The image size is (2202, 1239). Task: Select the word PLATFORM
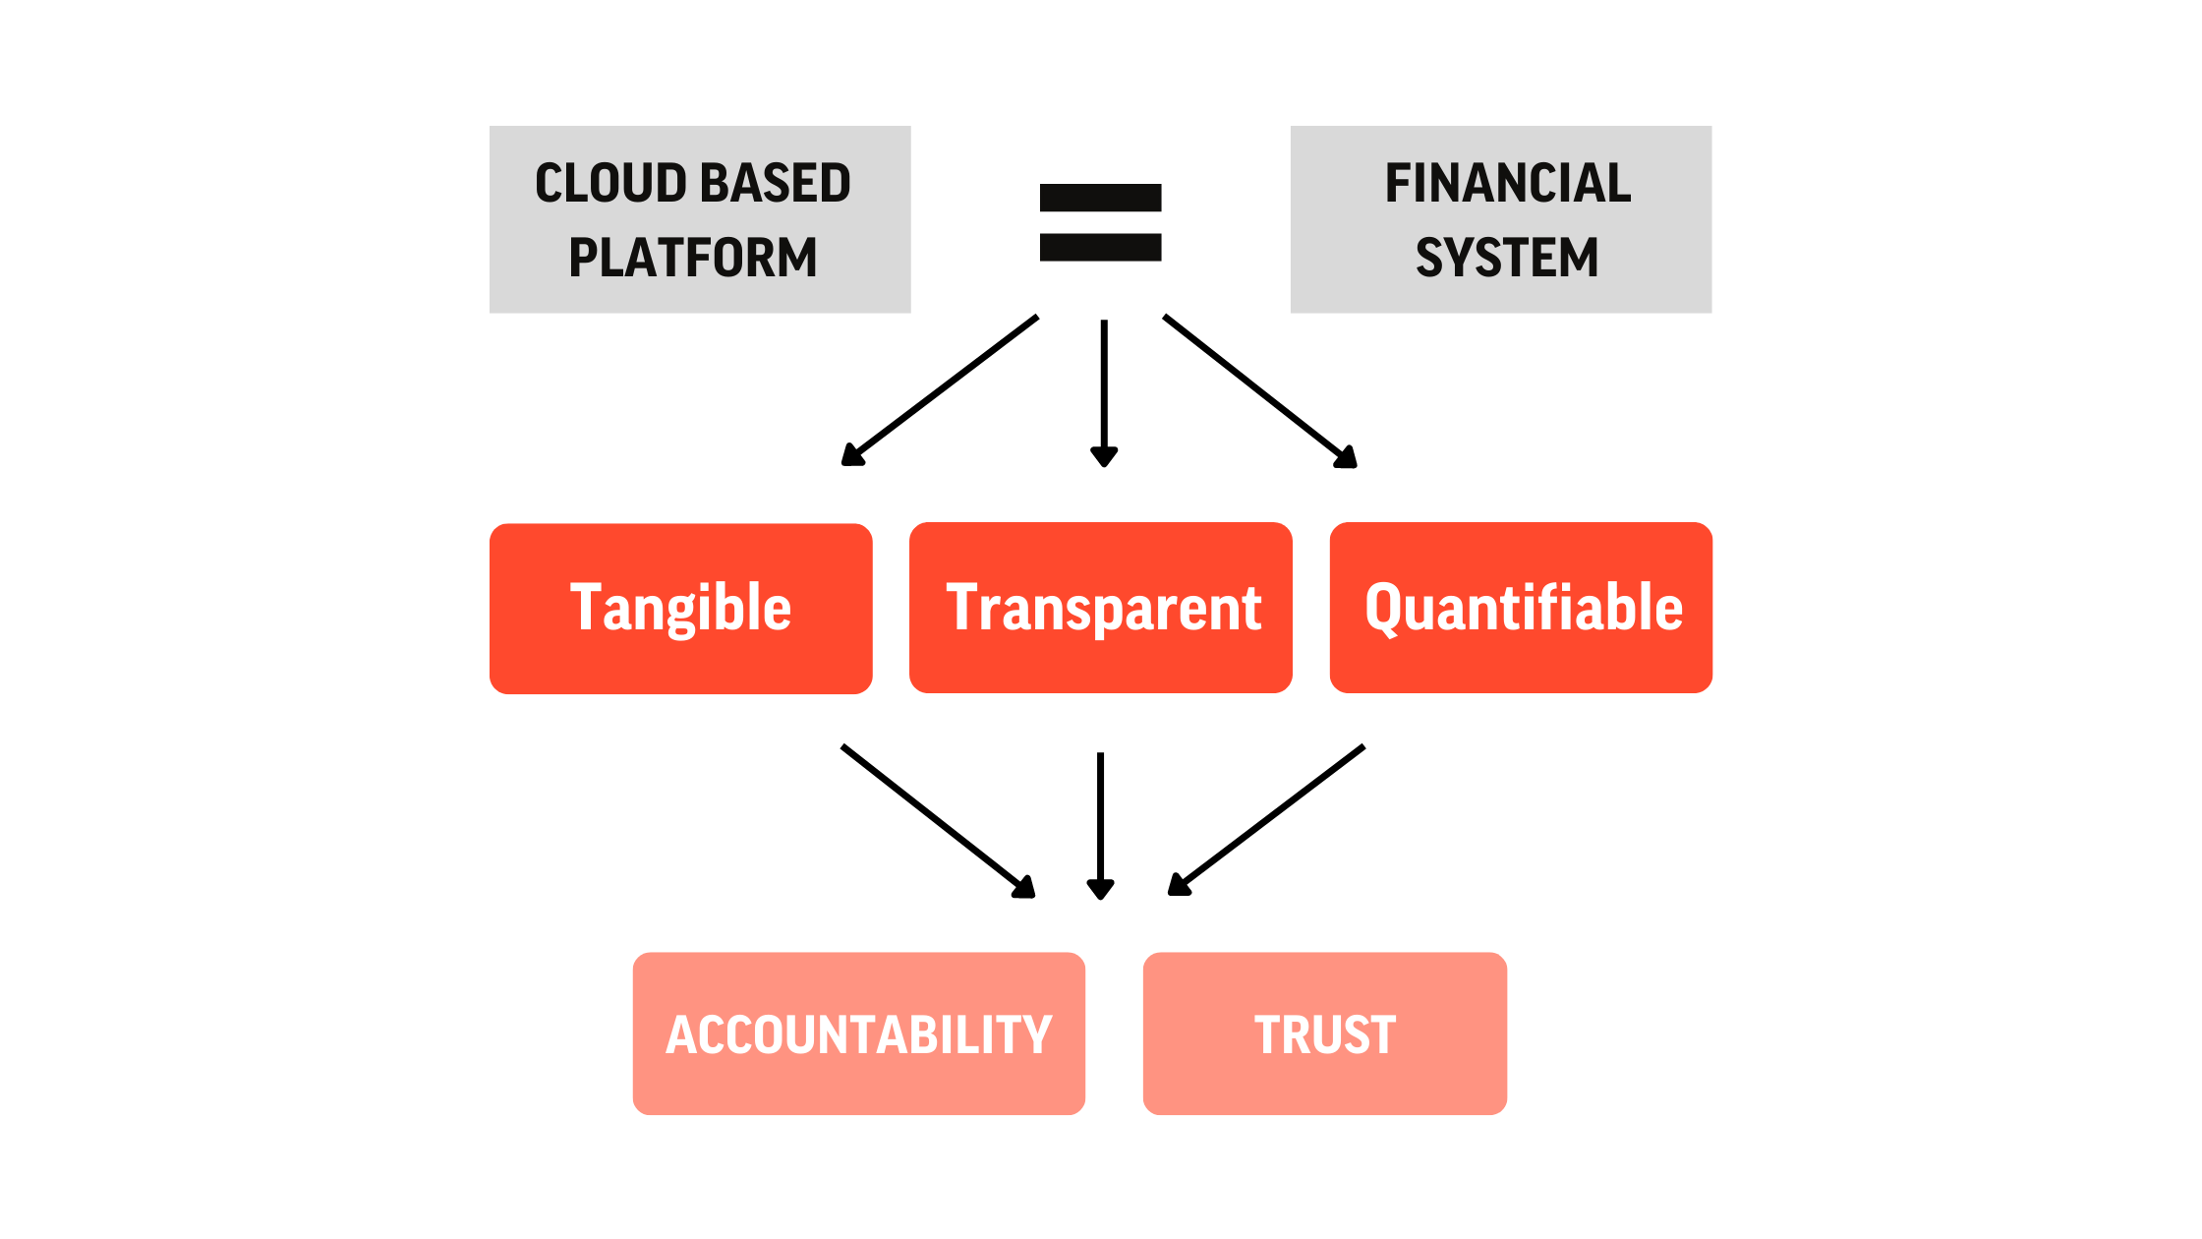click(x=693, y=258)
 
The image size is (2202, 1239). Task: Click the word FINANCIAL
click(x=1508, y=183)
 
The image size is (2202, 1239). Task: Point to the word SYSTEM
click(x=1507, y=258)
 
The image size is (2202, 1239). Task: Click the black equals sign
click(x=1101, y=222)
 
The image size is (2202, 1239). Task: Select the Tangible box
click(x=681, y=609)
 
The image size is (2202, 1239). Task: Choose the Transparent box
click(x=1101, y=608)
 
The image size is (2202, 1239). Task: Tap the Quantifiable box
click(x=1521, y=608)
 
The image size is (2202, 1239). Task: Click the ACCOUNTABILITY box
click(x=859, y=1033)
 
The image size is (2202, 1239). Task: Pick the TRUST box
click(x=1325, y=1033)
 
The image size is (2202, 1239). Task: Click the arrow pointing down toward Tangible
click(x=940, y=390)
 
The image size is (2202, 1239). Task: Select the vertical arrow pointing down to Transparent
click(x=1104, y=393)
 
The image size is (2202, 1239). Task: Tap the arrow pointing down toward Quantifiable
click(x=1260, y=391)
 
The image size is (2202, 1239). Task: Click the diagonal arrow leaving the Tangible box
click(x=939, y=821)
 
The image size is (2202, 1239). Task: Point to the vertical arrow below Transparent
click(x=1100, y=826)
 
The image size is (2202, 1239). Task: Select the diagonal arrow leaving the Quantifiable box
click(x=1266, y=820)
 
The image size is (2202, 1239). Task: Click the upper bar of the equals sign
click(x=1101, y=198)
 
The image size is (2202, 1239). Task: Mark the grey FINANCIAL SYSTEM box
click(x=1501, y=219)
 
